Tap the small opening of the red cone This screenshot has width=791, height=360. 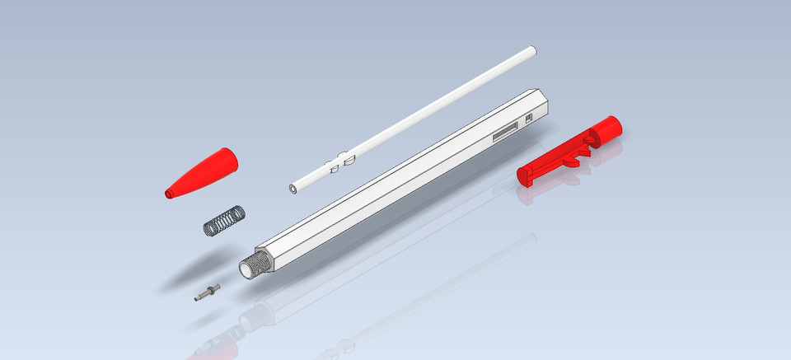point(169,194)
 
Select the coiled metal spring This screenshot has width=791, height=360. point(223,220)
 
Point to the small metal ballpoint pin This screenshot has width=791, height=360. point(208,292)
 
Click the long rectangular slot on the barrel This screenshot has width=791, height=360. point(504,133)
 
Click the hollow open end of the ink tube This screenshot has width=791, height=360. point(294,189)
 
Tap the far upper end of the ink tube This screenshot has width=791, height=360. point(529,54)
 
